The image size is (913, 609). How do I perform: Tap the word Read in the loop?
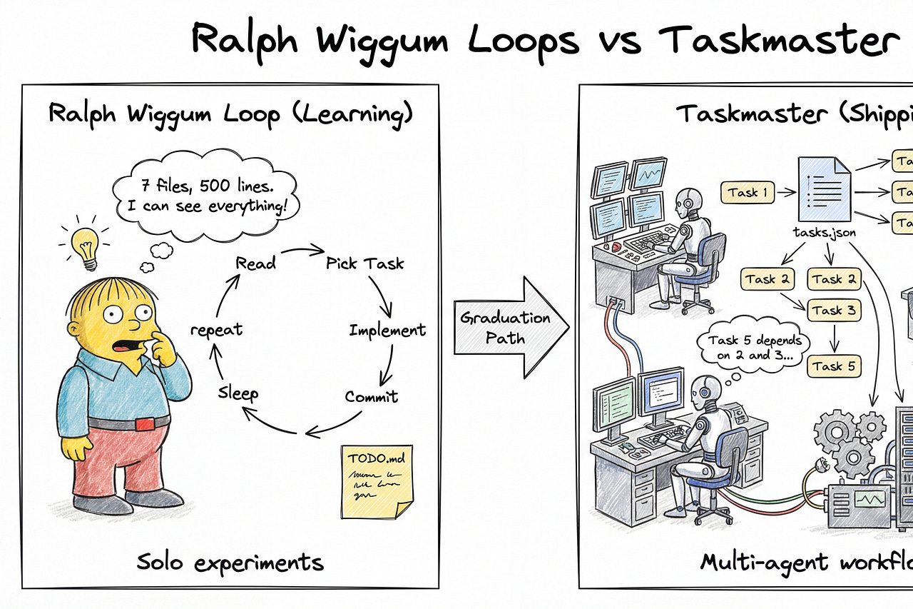[255, 263]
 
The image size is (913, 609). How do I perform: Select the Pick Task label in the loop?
[365, 263]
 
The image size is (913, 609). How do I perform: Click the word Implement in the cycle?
[387, 330]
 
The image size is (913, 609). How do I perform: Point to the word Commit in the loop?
[372, 396]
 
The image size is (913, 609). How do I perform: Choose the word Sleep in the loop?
[238, 393]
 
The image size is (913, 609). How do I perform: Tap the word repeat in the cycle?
[217, 330]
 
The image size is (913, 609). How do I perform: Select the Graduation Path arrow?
[509, 327]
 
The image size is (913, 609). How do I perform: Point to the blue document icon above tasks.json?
[827, 189]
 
